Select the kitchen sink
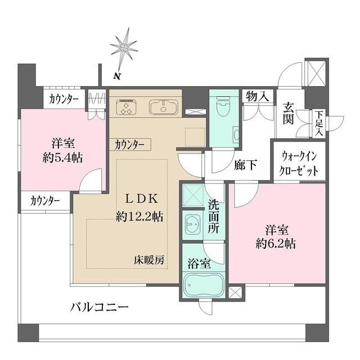point(163,106)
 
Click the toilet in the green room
point(223,104)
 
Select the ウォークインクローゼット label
point(299,163)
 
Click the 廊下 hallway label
point(246,165)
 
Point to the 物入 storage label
point(258,97)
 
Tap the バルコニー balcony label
point(100,307)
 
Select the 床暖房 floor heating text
point(148,260)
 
